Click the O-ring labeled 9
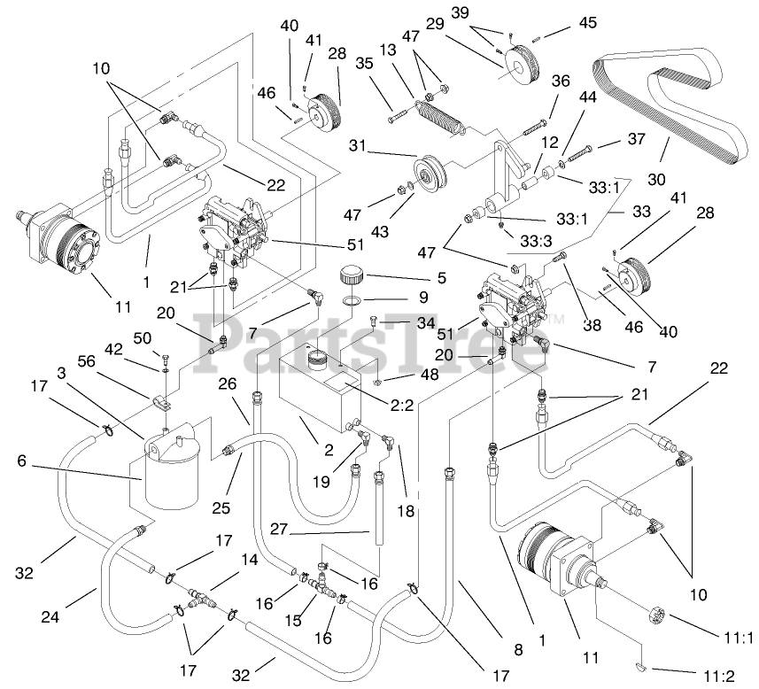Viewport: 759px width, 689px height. coord(352,302)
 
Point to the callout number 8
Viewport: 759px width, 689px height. coord(518,649)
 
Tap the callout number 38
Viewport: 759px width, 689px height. coord(592,326)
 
